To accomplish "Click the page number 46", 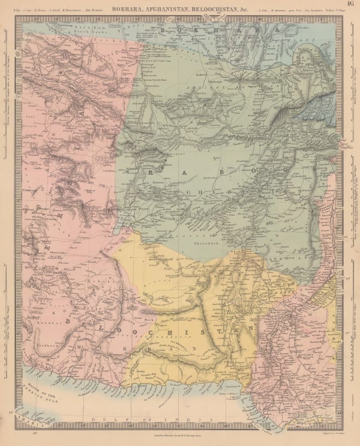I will point(350,5).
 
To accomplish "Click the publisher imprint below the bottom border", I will point(180,439).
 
